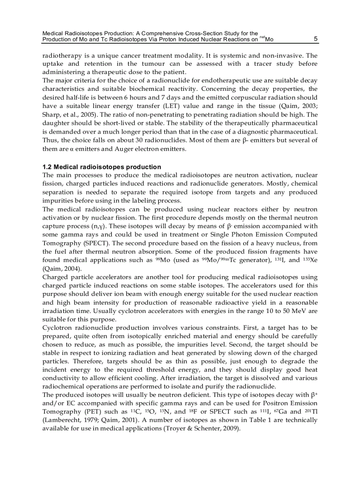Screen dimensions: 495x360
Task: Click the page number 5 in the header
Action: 315,39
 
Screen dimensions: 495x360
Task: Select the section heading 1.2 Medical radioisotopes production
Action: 101,167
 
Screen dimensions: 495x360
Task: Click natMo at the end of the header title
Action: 266,39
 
